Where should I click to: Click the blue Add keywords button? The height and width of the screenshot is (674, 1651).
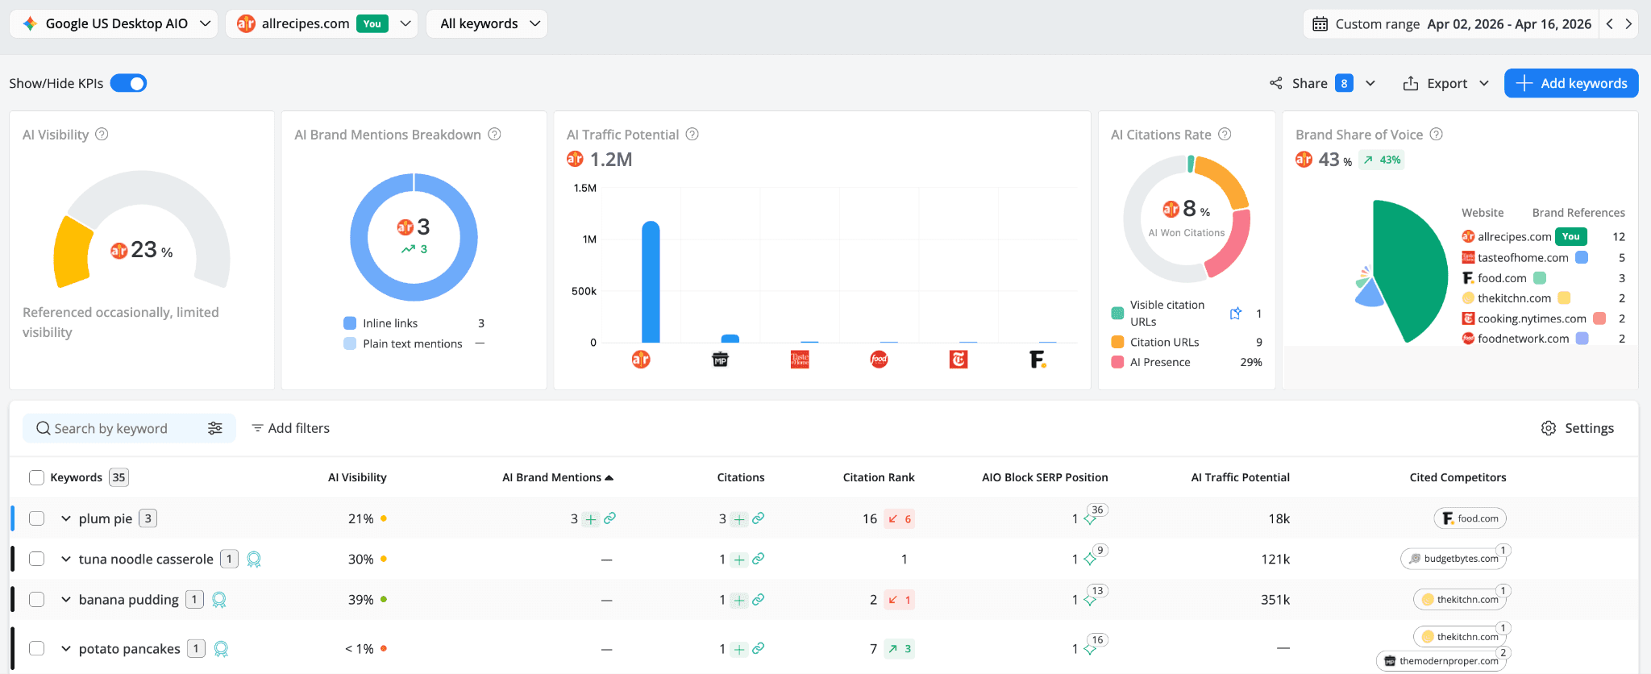(x=1570, y=83)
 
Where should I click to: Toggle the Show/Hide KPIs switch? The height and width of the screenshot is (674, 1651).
(x=129, y=83)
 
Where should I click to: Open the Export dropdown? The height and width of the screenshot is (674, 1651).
(x=1445, y=83)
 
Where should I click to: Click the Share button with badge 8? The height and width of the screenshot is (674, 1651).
(x=1310, y=83)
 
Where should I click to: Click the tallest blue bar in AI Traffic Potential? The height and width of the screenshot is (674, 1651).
(x=651, y=281)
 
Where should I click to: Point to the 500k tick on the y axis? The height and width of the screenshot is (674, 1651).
(x=584, y=291)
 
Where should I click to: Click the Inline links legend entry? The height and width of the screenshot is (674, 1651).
(x=389, y=323)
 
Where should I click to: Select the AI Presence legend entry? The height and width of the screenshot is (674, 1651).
(x=1159, y=362)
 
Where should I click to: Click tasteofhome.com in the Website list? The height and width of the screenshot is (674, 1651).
(x=1522, y=258)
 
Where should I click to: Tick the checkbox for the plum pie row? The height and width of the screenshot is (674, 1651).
(x=36, y=518)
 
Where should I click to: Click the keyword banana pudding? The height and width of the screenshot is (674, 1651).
(x=128, y=600)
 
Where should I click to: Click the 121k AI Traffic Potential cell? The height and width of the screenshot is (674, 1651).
(x=1275, y=560)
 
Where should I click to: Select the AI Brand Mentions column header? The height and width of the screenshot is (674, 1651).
(x=552, y=477)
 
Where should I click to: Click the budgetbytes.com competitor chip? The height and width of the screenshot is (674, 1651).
(x=1453, y=559)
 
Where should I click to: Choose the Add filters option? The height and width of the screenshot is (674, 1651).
(x=291, y=428)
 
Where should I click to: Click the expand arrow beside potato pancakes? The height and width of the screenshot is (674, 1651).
(x=66, y=649)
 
